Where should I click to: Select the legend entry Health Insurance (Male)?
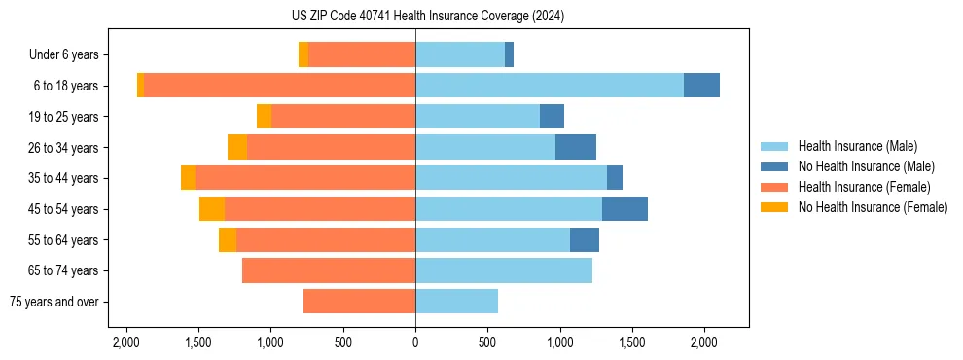click(857, 146)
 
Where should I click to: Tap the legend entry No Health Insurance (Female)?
click(873, 207)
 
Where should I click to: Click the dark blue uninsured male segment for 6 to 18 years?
click(701, 86)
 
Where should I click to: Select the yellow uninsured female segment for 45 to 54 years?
click(212, 209)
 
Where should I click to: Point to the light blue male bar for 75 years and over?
click(456, 302)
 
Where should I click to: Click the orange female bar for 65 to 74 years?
click(329, 270)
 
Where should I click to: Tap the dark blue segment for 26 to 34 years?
click(576, 148)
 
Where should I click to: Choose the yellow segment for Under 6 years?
click(303, 54)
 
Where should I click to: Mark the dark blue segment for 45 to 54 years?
click(624, 209)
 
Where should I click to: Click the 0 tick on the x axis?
click(415, 342)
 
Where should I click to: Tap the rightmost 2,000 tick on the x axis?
click(704, 342)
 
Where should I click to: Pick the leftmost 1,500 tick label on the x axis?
click(197, 342)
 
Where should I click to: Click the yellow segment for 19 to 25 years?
click(264, 117)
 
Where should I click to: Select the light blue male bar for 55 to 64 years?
click(492, 240)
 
